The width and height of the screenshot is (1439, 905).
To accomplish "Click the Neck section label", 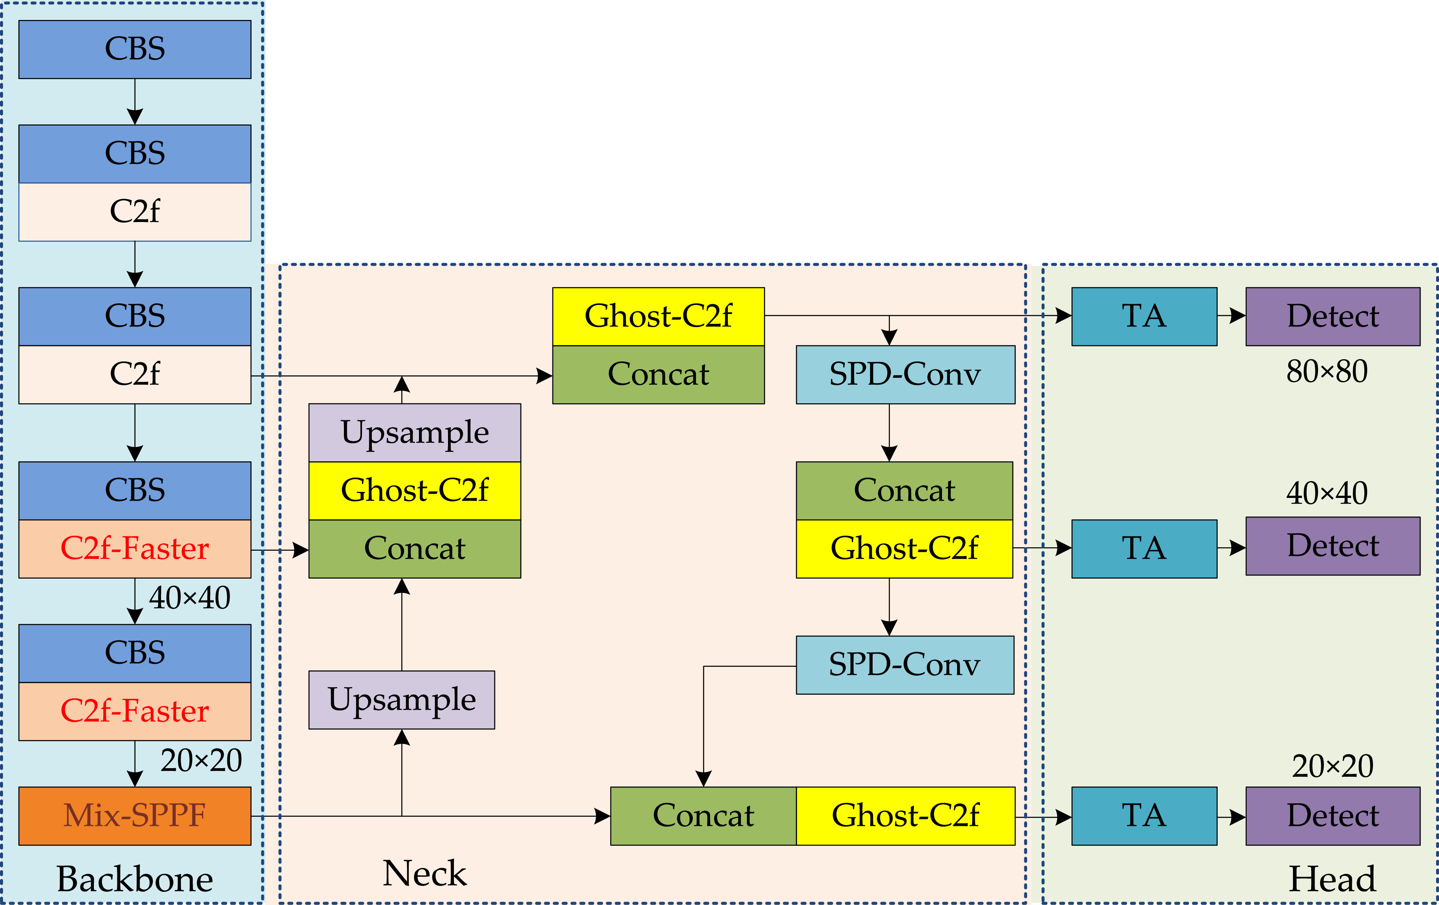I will pyautogui.click(x=424, y=873).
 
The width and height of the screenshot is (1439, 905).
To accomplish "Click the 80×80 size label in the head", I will pyautogui.click(x=1327, y=372).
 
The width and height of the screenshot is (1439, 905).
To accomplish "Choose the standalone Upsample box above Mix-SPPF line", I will pyautogui.click(x=402, y=700).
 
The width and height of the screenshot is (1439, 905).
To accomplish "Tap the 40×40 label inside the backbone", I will pyautogui.click(x=189, y=598).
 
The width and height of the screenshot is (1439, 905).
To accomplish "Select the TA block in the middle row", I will pyautogui.click(x=1144, y=548).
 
